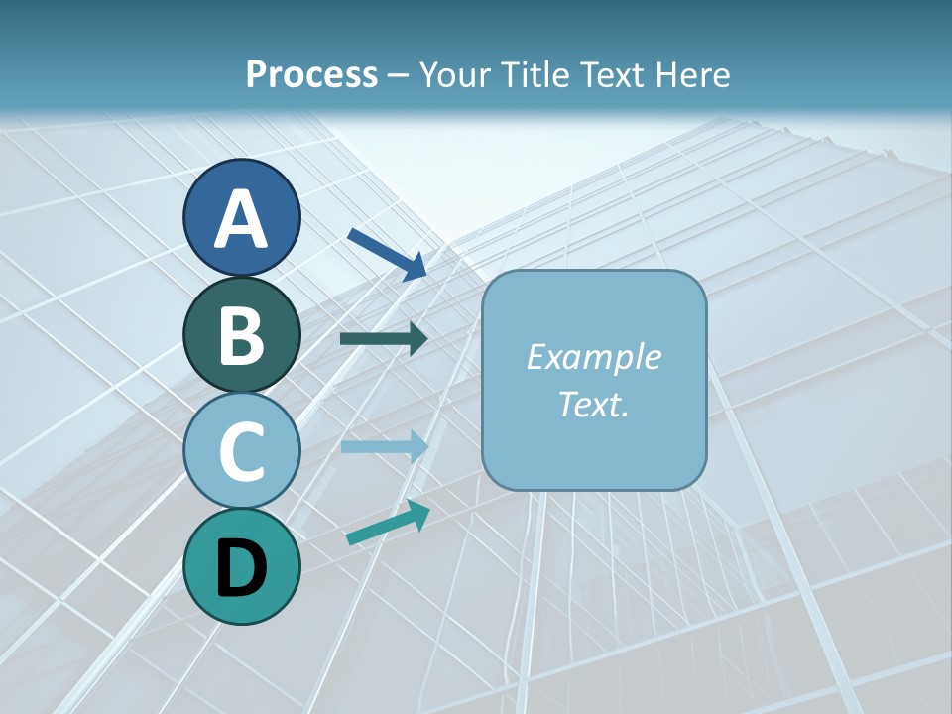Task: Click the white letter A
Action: [241, 219]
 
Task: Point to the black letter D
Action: [241, 568]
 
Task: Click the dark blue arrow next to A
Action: [387, 254]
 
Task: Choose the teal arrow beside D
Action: [388, 524]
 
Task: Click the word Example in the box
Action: [593, 357]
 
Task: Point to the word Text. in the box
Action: [593, 405]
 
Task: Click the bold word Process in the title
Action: [311, 75]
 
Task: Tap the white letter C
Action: [241, 451]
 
